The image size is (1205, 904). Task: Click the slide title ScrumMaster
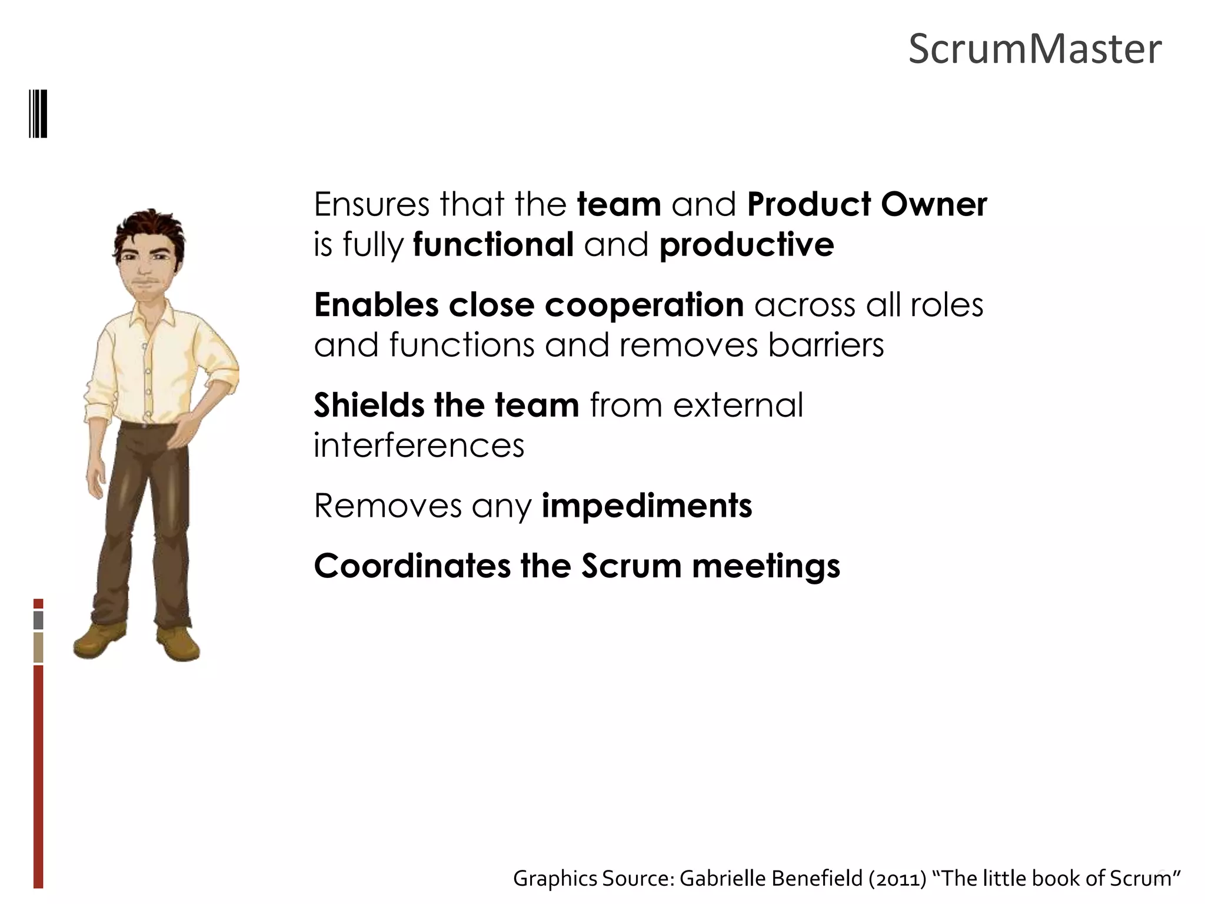coord(1034,49)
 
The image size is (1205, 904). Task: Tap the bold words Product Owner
coord(867,205)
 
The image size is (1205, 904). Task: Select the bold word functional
coord(493,245)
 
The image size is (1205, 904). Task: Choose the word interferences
coord(418,446)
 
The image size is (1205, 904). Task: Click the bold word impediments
coord(647,506)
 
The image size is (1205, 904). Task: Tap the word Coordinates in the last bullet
coord(412,566)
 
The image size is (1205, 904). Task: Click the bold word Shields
coord(369,406)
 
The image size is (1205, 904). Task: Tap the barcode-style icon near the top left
coord(38,113)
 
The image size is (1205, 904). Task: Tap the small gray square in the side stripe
coord(38,620)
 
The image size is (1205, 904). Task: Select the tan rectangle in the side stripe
coord(38,647)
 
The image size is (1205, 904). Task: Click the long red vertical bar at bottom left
coord(38,777)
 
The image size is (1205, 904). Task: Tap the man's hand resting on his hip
coord(187,433)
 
